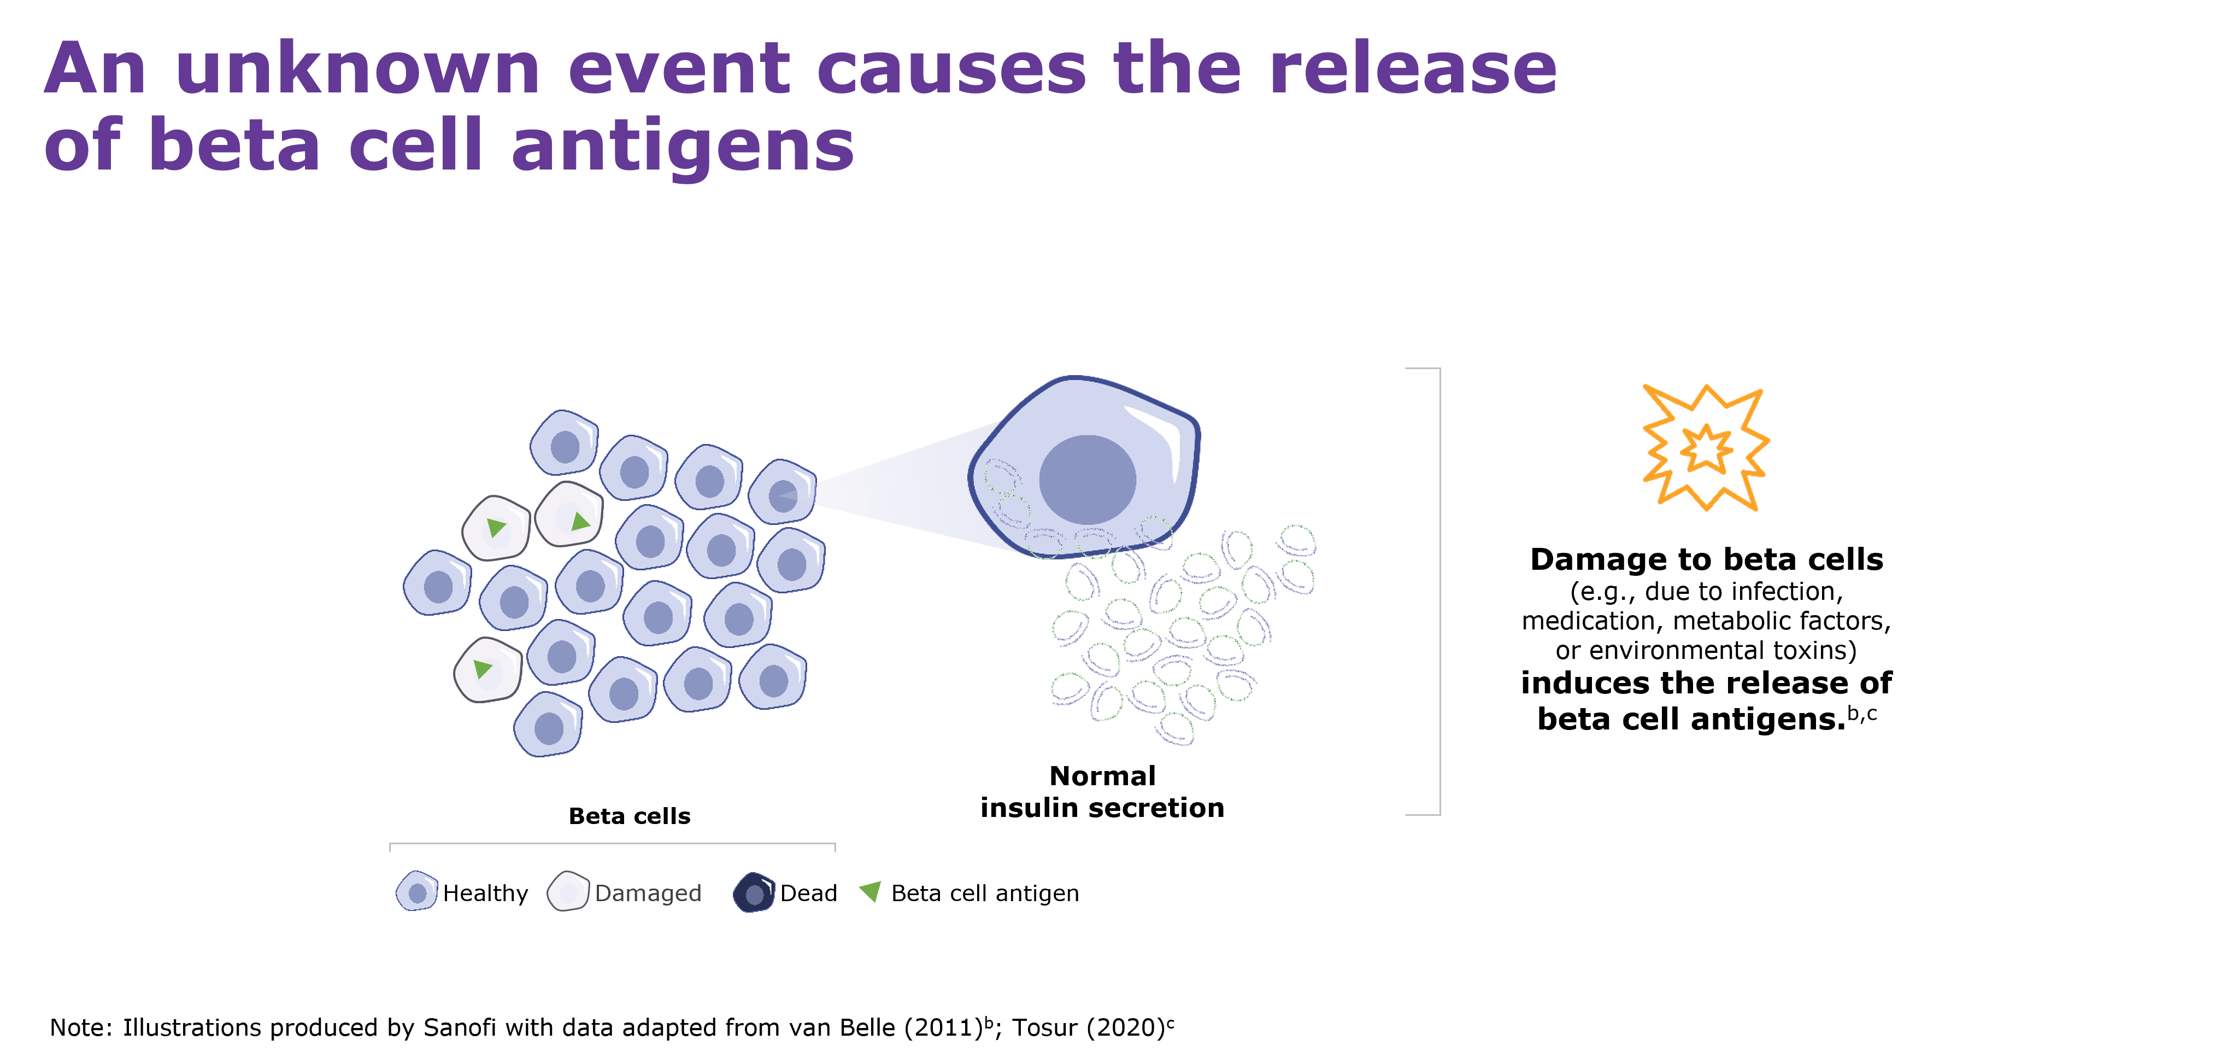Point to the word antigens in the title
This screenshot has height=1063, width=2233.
coord(682,145)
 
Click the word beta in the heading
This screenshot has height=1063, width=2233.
coord(234,145)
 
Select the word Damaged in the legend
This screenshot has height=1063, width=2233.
coord(648,893)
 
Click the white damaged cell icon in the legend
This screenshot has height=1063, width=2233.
coord(568,891)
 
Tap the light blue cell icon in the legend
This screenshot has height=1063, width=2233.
coord(417,891)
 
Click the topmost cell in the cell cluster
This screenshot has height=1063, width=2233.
coord(565,443)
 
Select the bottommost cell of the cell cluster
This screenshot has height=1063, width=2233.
coord(548,725)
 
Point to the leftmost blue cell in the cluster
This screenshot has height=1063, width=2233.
coord(437,583)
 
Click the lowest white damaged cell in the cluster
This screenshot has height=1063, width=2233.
coord(488,669)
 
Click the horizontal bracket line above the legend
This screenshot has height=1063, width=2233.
coord(612,843)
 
